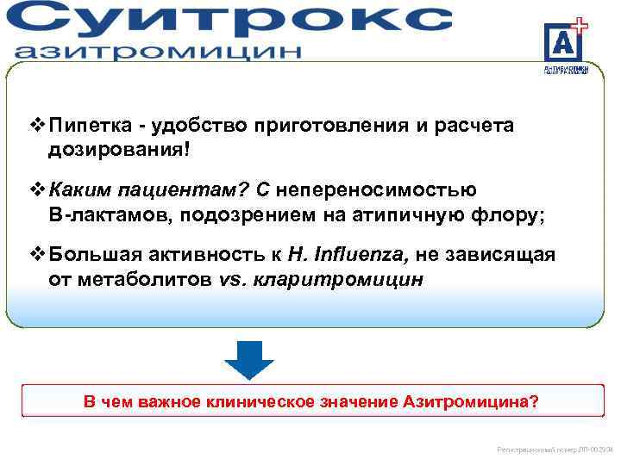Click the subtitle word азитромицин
pos(159,51)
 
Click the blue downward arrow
pos(248,359)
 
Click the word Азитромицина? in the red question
pos(471,402)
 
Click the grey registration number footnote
pos(555,449)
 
